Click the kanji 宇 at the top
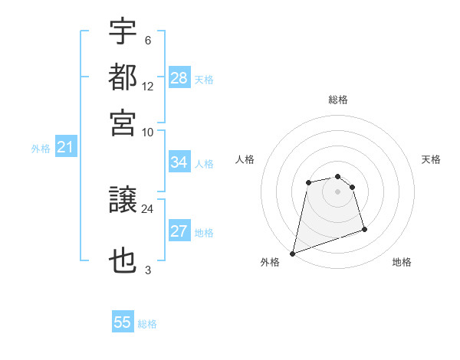(x=123, y=31)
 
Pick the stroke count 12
(x=148, y=86)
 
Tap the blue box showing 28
(x=179, y=77)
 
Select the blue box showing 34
(x=179, y=162)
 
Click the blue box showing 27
(x=179, y=231)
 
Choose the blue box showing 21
(x=65, y=148)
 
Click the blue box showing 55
(x=123, y=322)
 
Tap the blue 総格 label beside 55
(x=147, y=324)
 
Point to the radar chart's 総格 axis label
(x=338, y=100)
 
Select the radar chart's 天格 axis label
(x=431, y=159)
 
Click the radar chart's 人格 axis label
(x=245, y=159)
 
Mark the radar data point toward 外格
(x=292, y=253)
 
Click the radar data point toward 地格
(x=364, y=229)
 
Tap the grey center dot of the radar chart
(x=338, y=191)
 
